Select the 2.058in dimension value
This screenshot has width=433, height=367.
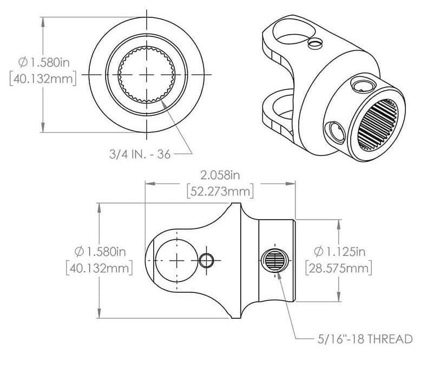[219, 175]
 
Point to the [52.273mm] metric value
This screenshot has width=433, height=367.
[219, 191]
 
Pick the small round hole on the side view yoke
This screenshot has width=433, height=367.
[206, 261]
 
